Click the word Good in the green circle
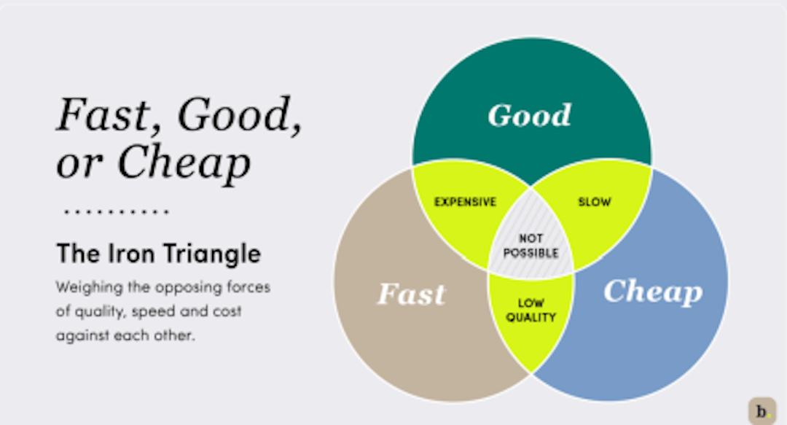[x=530, y=115]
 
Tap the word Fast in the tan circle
[x=411, y=294]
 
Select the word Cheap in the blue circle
[x=653, y=292]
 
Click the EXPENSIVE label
[x=465, y=202]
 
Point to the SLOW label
[x=595, y=202]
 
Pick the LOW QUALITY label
[x=531, y=311]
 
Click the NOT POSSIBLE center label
[x=531, y=246]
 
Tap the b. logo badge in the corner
[x=762, y=411]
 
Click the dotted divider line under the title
[x=117, y=211]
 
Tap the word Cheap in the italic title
[x=184, y=163]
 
